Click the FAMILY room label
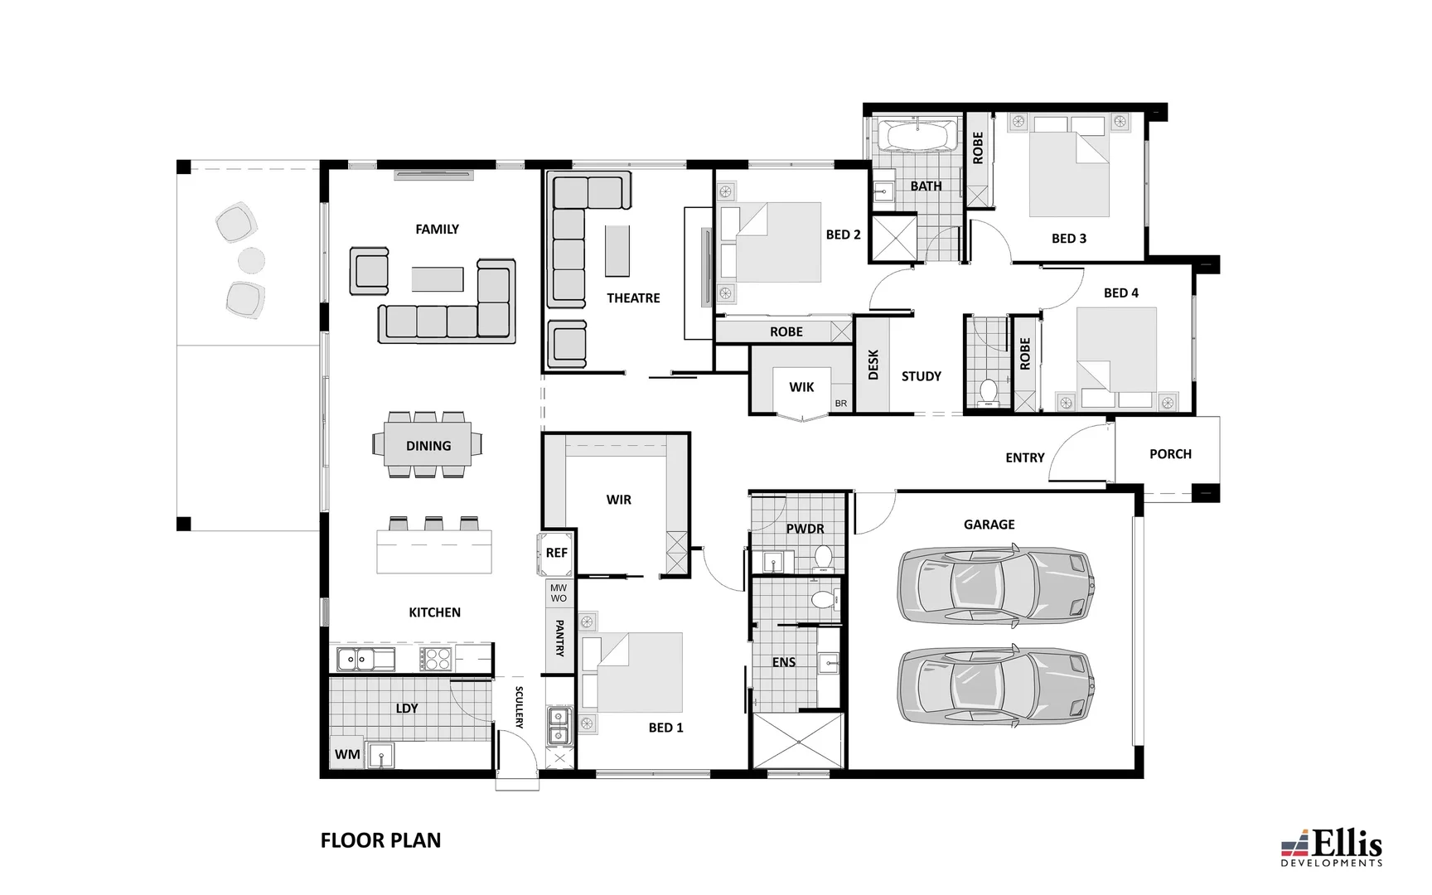tap(437, 230)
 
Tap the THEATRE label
tap(633, 298)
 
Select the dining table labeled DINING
tap(428, 446)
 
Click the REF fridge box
tap(557, 553)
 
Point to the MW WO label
tap(559, 593)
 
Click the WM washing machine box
tap(347, 754)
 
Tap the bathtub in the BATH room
tap(917, 136)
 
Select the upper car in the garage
tap(995, 584)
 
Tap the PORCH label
tap(1170, 454)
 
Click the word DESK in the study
tap(873, 365)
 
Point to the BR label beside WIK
tap(841, 404)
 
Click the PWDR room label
tap(805, 529)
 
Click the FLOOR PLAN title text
tap(380, 840)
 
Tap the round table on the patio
tap(251, 260)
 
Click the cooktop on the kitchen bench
tap(435, 660)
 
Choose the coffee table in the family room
tap(438, 278)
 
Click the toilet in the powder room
tap(824, 557)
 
